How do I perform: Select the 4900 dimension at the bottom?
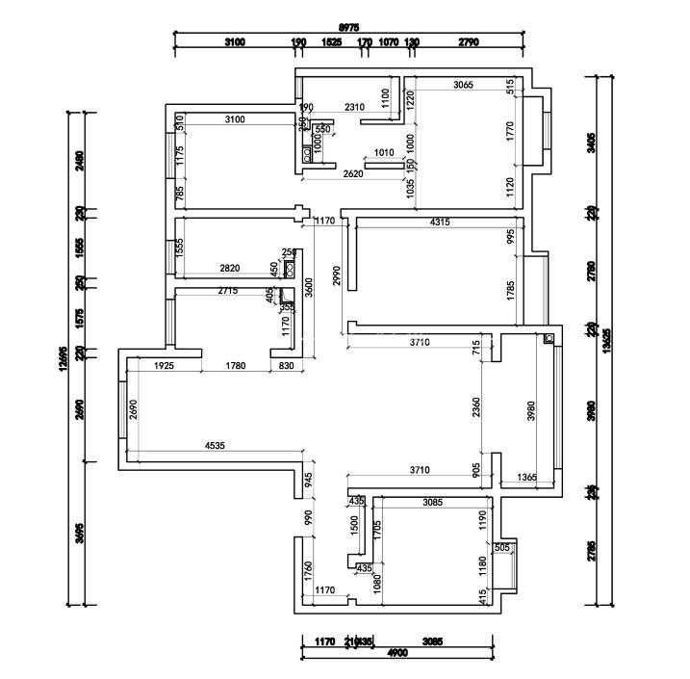396,652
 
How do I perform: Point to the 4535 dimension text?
217,445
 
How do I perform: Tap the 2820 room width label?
231,268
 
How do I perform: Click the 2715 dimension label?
228,290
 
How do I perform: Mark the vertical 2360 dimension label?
476,408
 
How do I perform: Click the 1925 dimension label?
163,365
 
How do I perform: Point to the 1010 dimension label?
384,152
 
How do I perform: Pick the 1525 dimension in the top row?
331,42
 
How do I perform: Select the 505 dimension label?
501,548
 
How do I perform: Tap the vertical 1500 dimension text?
354,525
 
